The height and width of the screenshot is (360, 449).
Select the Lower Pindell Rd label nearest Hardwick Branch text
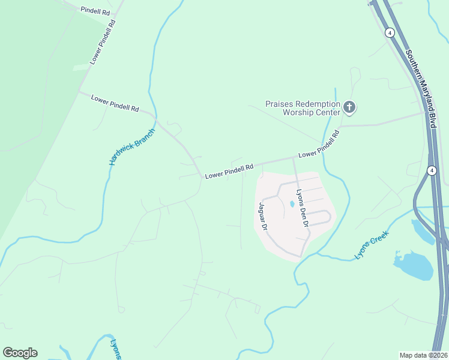(x=115, y=103)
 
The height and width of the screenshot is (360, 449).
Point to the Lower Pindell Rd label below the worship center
(x=319, y=145)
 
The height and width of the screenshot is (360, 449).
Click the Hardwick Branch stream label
(x=131, y=147)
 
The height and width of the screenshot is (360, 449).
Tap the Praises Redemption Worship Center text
(x=303, y=107)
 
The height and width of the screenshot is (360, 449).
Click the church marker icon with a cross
(x=349, y=108)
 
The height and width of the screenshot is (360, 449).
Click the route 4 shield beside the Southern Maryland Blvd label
(x=390, y=33)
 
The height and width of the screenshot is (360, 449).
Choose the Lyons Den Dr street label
(x=302, y=208)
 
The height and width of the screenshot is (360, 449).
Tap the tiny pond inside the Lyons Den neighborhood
(x=292, y=204)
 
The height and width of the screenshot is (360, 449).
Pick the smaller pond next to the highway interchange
(x=423, y=231)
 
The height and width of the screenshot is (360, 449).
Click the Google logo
(x=20, y=353)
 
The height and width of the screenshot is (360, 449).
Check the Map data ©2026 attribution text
(x=423, y=355)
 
